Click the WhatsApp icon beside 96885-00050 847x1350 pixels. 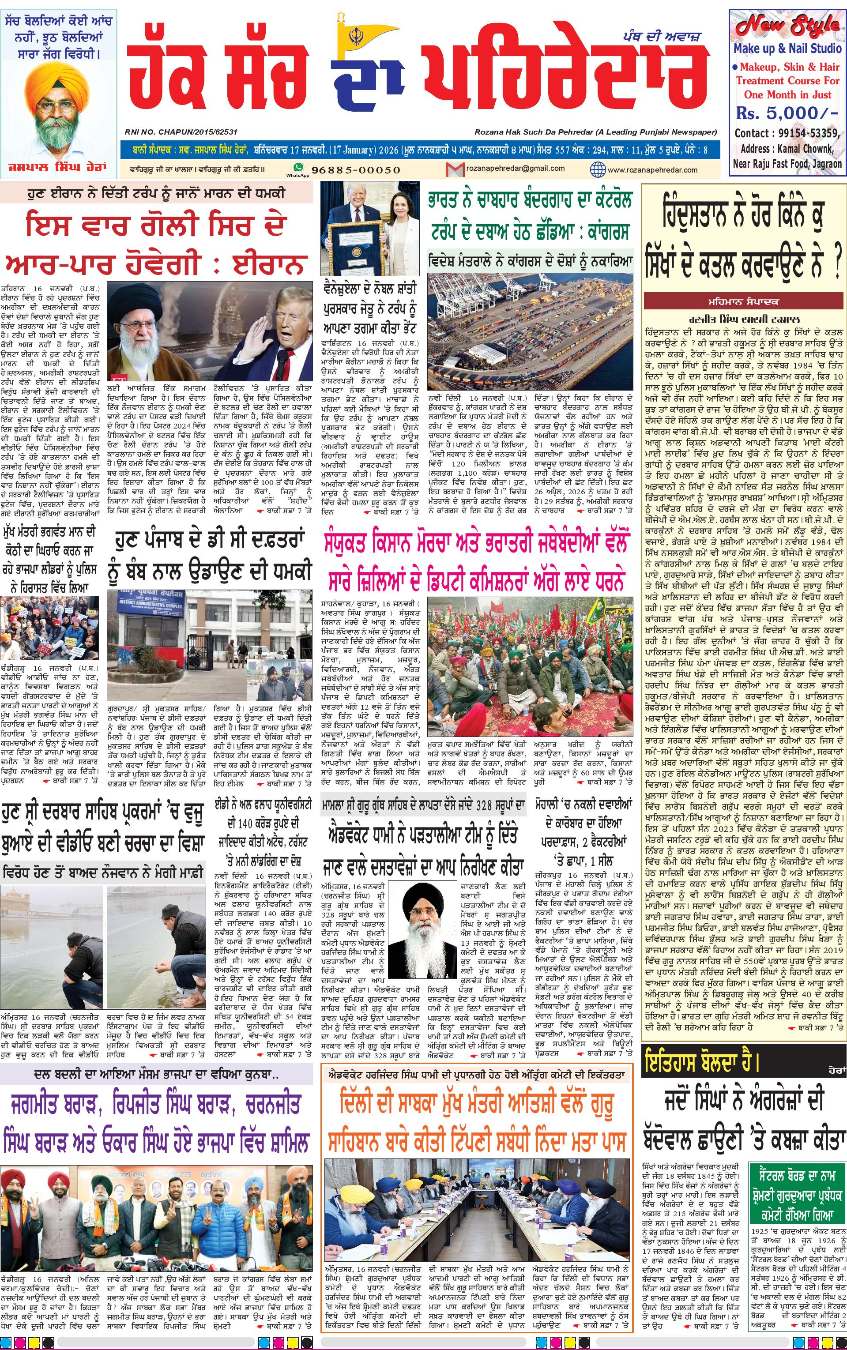(x=298, y=167)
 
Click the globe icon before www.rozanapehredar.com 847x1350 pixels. (x=598, y=169)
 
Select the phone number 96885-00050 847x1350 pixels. (x=356, y=169)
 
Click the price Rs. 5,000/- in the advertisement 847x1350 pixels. (x=787, y=113)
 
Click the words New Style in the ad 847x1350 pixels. (x=787, y=26)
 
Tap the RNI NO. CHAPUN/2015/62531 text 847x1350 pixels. (x=181, y=132)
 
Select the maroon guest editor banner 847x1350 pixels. (x=743, y=302)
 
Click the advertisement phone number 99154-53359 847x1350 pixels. (x=807, y=133)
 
